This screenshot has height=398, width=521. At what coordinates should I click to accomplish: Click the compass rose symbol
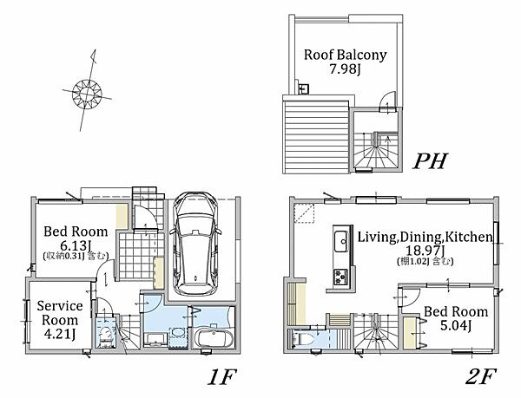click(x=87, y=94)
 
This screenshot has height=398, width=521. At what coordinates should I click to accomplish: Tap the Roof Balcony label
click(x=346, y=55)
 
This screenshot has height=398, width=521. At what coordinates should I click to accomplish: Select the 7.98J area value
click(x=346, y=69)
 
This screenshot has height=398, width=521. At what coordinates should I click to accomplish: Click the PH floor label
click(x=431, y=161)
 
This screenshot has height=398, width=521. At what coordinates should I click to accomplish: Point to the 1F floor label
click(x=221, y=377)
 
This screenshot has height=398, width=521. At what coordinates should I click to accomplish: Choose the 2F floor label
click(x=480, y=376)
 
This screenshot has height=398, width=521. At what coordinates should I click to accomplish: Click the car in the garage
click(x=195, y=244)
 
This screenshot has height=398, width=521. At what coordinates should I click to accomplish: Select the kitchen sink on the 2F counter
click(x=341, y=241)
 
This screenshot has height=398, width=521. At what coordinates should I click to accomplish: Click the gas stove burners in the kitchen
click(x=341, y=277)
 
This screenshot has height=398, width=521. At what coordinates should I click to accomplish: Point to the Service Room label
click(x=60, y=313)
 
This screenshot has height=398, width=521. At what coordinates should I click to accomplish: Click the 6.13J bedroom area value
click(x=76, y=245)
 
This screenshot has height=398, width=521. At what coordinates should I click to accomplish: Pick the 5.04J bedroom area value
click(x=456, y=326)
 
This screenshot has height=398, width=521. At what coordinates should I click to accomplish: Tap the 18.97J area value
click(x=425, y=251)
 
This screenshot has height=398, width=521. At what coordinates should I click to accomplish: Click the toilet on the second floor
click(x=303, y=339)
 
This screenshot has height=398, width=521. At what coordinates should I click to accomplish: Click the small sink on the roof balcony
click(x=304, y=88)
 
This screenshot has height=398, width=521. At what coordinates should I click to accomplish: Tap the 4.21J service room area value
click(x=59, y=334)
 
